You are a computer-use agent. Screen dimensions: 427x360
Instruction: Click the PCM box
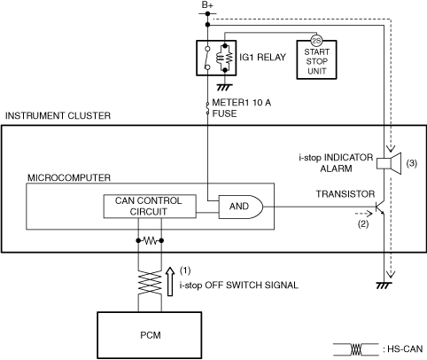click(150, 335)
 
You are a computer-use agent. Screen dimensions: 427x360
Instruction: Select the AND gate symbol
click(240, 207)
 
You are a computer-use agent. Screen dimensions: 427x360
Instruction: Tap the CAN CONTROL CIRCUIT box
click(150, 207)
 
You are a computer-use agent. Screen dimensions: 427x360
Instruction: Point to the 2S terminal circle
click(316, 41)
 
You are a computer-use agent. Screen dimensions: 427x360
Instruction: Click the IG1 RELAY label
click(262, 57)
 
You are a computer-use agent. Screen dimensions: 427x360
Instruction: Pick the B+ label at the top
click(207, 5)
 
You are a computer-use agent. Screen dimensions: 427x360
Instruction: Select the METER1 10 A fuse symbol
click(207, 108)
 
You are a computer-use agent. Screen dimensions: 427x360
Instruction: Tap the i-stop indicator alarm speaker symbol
click(389, 163)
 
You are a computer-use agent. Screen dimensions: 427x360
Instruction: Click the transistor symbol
click(380, 207)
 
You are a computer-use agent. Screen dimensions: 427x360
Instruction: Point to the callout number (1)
click(185, 270)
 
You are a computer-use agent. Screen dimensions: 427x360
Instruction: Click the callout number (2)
click(363, 224)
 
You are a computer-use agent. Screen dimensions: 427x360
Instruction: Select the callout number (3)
click(412, 163)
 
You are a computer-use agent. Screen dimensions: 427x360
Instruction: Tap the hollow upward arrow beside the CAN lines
click(170, 281)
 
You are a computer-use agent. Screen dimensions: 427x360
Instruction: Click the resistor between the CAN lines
click(150, 241)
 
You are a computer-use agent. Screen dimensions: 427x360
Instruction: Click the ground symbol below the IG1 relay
click(225, 87)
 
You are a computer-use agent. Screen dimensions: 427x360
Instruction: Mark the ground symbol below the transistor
click(384, 286)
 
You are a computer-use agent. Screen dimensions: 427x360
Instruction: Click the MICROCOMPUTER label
click(69, 177)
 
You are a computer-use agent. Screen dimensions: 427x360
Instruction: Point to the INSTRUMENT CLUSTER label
click(58, 115)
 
